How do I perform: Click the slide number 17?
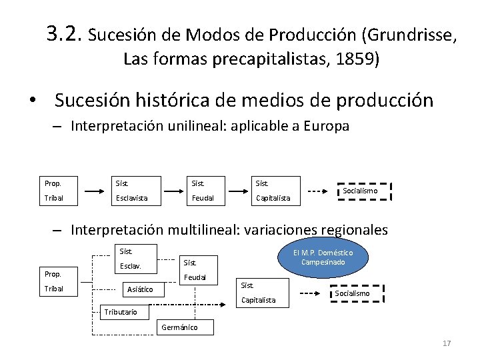(447, 343)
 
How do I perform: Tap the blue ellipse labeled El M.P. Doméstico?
(323, 257)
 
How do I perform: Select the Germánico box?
(179, 327)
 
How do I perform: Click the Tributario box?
(120, 311)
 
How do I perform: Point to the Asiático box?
(141, 289)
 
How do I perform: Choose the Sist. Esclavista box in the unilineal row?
(136, 190)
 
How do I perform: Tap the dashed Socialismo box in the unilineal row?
(363, 191)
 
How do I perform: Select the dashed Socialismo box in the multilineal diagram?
(353, 293)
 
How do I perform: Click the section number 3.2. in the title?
(65, 32)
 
